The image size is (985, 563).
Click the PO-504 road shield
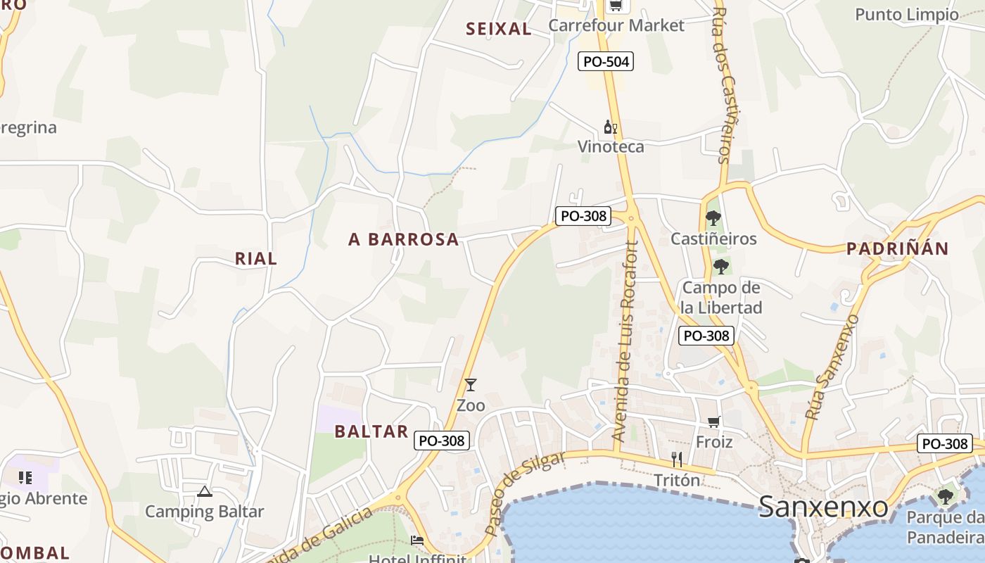pos(606,61)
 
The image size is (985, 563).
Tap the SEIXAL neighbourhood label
pos(499,29)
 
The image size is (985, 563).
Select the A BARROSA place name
pos(403,239)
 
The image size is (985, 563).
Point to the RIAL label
pos(256,258)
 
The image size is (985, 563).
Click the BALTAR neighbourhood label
pos(371,431)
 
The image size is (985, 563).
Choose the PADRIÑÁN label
pos(897,248)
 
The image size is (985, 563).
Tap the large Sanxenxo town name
pos(822,506)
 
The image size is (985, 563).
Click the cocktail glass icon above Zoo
pos(471,385)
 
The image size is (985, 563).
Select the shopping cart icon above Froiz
pos(713,422)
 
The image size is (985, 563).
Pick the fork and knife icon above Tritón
pos(677,460)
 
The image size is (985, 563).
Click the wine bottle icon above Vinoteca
pos(610,127)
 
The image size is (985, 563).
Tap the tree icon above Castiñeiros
pos(713,217)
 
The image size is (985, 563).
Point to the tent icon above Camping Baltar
pos(205,491)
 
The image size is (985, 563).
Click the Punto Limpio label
pos(906,14)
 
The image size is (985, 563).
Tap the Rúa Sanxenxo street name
pos(832,367)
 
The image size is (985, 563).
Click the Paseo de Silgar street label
pos(526,492)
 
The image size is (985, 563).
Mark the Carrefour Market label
pos(616,25)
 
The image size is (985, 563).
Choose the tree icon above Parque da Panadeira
pos(946,496)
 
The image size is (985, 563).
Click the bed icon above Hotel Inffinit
pos(417,540)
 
